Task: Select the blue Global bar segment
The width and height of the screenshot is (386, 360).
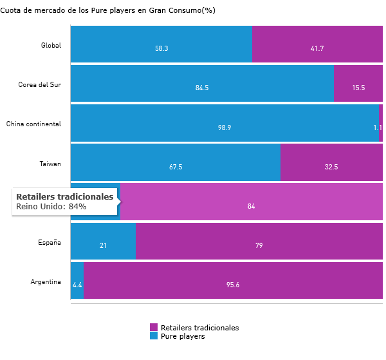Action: pyautogui.click(x=161, y=44)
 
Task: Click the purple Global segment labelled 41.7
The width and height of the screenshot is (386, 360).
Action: pyautogui.click(x=317, y=44)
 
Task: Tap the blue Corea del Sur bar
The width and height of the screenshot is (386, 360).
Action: pyautogui.click(x=202, y=83)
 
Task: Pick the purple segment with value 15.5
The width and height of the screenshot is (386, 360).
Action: pyautogui.click(x=358, y=83)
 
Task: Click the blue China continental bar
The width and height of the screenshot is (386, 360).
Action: pyautogui.click(x=225, y=122)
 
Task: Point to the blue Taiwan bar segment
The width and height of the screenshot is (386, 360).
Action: pyautogui.click(x=175, y=162)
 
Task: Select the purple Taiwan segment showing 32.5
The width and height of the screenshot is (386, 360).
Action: pyautogui.click(x=331, y=162)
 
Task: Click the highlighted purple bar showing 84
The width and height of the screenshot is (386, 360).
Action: pyautogui.click(x=252, y=202)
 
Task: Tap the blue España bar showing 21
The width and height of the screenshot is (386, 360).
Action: pyautogui.click(x=103, y=241)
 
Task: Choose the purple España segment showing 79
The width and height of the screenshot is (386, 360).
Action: pyautogui.click(x=259, y=241)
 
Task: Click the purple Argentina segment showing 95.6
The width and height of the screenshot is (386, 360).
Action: pyautogui.click(x=233, y=280)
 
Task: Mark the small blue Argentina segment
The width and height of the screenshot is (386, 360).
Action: pyautogui.click(x=77, y=280)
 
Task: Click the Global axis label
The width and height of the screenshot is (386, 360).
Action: pyautogui.click(x=50, y=45)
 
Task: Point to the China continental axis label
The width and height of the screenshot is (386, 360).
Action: pyautogui.click(x=33, y=124)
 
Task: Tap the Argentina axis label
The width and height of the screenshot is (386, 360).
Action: pyautogui.click(x=45, y=281)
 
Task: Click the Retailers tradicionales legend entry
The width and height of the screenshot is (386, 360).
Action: pyautogui.click(x=199, y=328)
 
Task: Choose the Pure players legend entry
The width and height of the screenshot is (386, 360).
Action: pyautogui.click(x=182, y=336)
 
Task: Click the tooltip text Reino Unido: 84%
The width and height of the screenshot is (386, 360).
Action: pyautogui.click(x=51, y=207)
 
